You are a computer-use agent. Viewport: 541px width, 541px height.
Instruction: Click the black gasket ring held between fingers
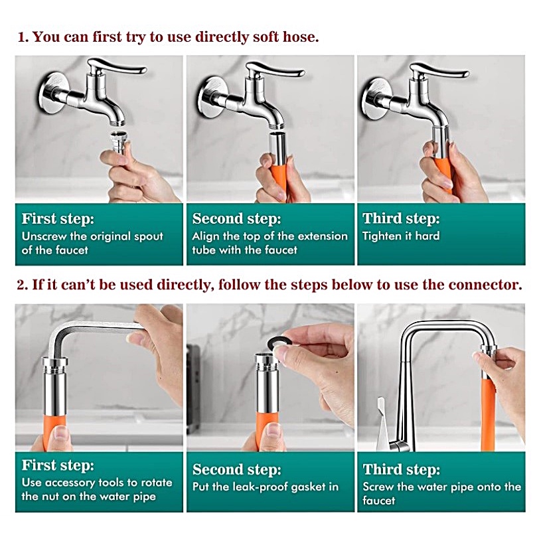point(276,343)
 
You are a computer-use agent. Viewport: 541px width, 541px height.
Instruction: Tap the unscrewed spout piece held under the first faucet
point(118,141)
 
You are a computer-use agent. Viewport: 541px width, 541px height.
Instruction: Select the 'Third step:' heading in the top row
point(401,219)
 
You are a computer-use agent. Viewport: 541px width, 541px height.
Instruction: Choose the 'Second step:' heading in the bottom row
point(237,469)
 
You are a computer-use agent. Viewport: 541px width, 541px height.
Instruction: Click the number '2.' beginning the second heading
point(22,285)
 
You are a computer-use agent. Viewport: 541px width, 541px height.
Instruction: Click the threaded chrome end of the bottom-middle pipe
point(266,360)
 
